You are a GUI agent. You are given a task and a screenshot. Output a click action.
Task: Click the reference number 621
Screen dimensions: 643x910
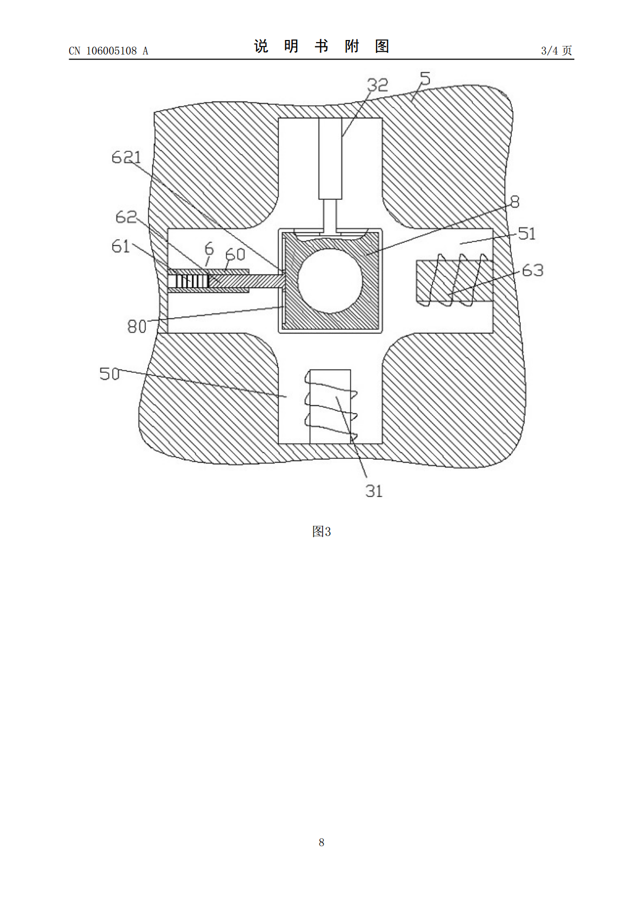pyautogui.click(x=126, y=157)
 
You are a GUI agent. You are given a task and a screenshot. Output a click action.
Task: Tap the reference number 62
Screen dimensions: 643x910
pyautogui.click(x=126, y=217)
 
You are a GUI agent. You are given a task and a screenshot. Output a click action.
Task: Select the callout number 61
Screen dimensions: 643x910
pyautogui.click(x=120, y=246)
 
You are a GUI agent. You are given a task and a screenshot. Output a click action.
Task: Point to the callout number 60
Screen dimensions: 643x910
pyautogui.click(x=235, y=255)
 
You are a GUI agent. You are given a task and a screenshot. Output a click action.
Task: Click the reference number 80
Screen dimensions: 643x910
pyautogui.click(x=137, y=326)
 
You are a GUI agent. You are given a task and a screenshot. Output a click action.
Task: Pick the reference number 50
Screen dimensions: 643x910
pyautogui.click(x=109, y=374)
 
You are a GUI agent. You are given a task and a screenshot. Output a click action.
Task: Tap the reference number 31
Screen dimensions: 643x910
pyautogui.click(x=374, y=491)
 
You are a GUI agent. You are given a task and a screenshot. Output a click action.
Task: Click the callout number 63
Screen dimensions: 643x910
pyautogui.click(x=533, y=270)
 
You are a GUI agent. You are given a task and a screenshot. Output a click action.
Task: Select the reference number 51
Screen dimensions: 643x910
pyautogui.click(x=527, y=233)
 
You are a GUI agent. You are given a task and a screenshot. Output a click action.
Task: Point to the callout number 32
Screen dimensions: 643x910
pyautogui.click(x=377, y=85)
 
